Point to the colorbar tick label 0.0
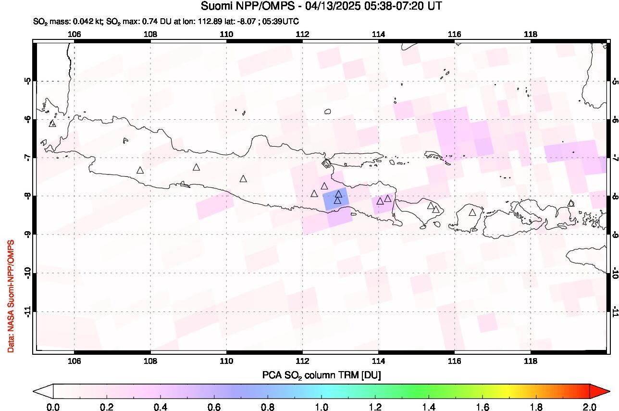pyautogui.click(x=53, y=407)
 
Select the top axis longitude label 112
pyautogui.click(x=302, y=34)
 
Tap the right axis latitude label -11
pyautogui.click(x=615, y=311)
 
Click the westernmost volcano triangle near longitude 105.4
pyautogui.click(x=52, y=124)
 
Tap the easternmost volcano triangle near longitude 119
pyautogui.click(x=571, y=203)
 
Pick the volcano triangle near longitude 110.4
pyautogui.click(x=243, y=179)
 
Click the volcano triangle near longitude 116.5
pyautogui.click(x=472, y=212)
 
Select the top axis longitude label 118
pyautogui.click(x=530, y=34)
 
